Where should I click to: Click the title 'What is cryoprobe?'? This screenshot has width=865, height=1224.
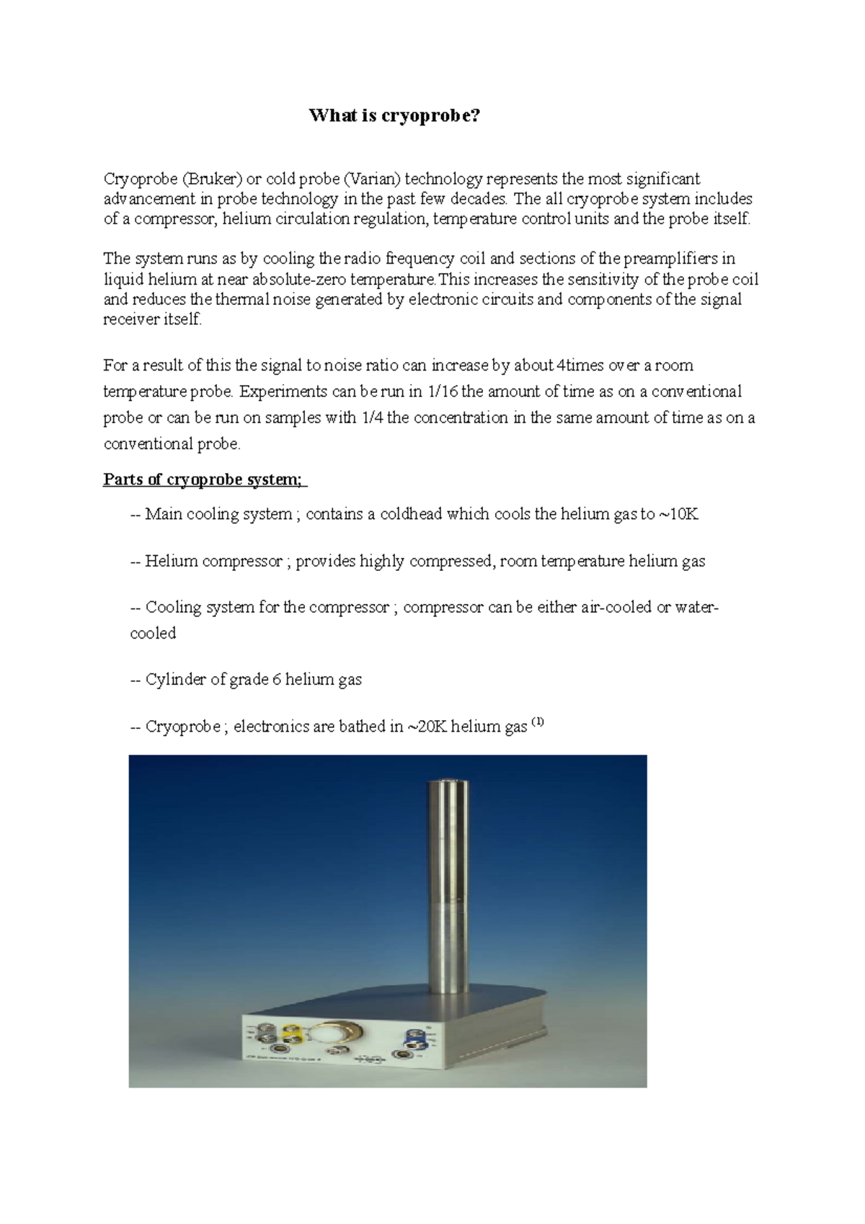pyautogui.click(x=394, y=116)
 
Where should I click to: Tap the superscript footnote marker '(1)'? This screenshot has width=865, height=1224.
pyautogui.click(x=538, y=723)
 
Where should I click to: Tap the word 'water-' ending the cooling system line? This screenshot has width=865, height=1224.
pyautogui.click(x=697, y=607)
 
